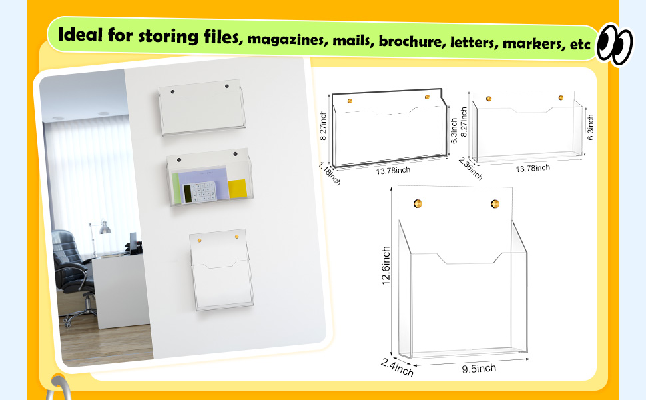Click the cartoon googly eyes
615,44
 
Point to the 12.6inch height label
386,266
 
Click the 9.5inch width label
479,368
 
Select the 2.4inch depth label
397,367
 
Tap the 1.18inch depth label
330,173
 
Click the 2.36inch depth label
470,168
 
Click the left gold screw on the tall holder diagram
418,203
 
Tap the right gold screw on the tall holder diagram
495,204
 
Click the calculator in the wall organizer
199,192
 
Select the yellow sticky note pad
237,189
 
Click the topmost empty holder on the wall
202,107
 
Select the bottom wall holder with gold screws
222,270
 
